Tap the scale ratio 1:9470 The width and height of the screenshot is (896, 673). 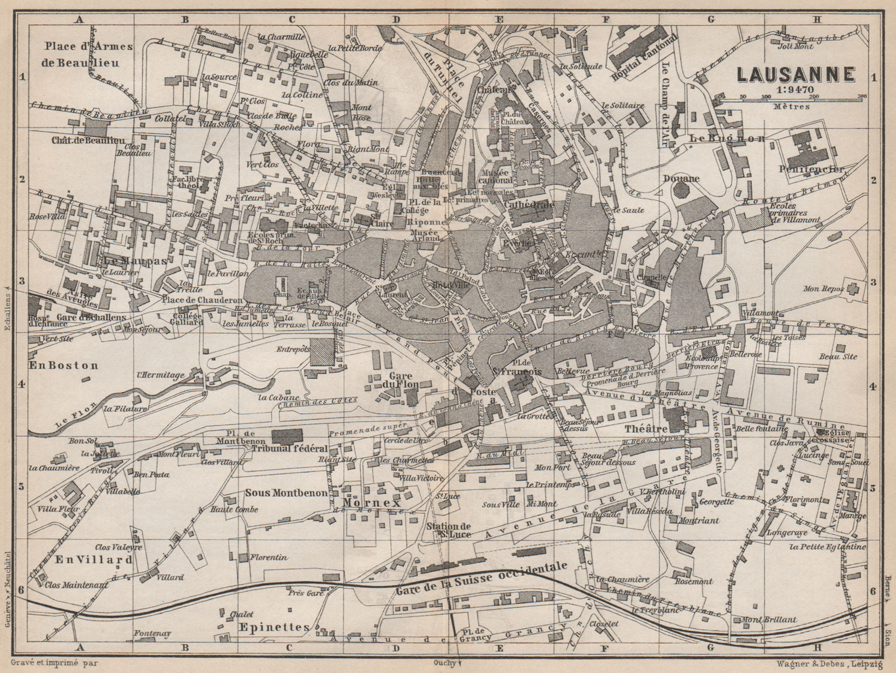[x=795, y=88]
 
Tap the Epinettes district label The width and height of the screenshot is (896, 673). [x=273, y=627]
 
